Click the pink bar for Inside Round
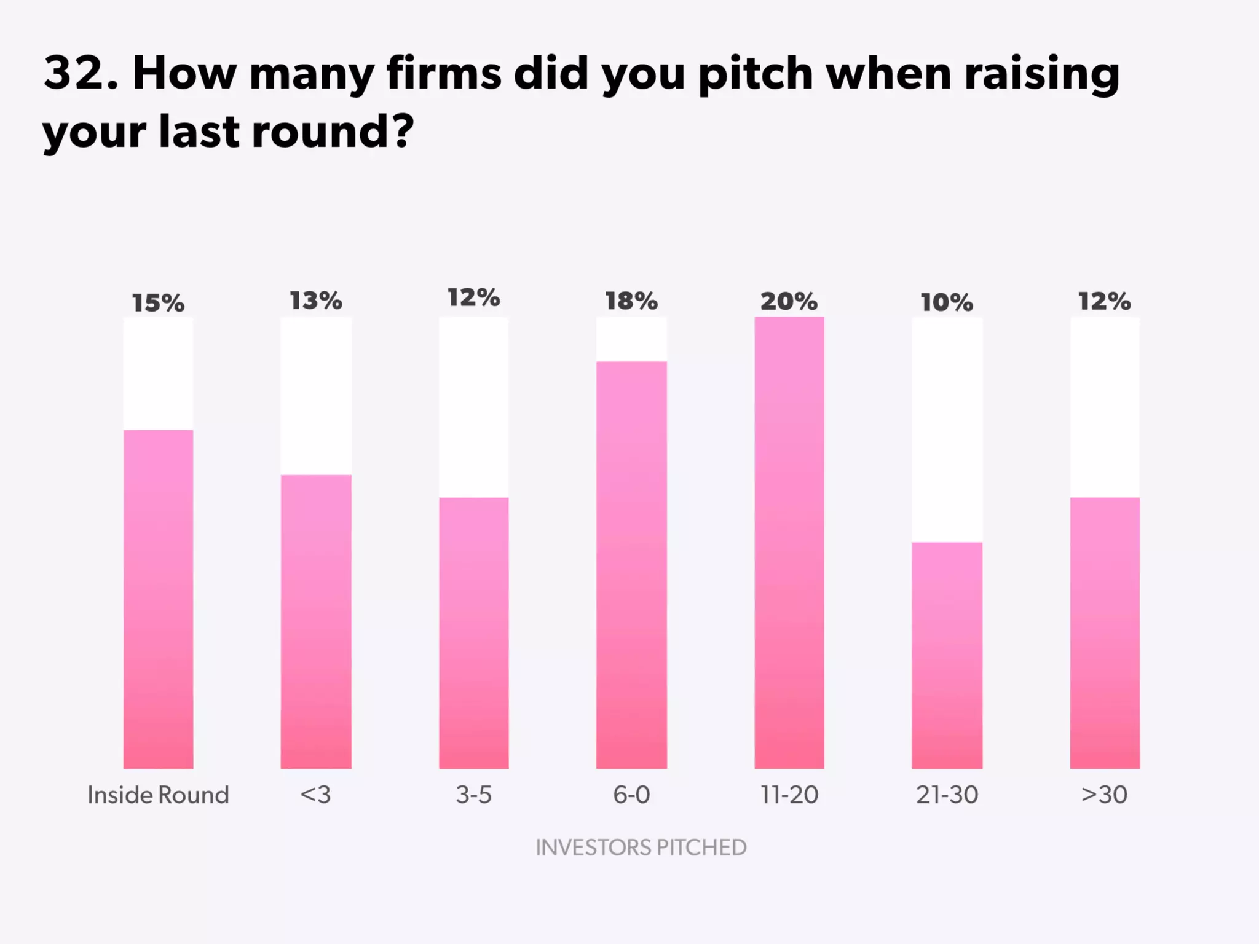pos(158,599)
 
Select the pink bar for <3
pos(316,621)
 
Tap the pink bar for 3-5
pos(473,633)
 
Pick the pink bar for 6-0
pos(631,565)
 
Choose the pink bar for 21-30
pos(947,655)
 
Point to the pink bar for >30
pos(1105,633)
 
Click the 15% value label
pos(158,303)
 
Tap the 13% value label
pos(316,301)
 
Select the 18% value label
pos(631,301)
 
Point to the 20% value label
pos(789,302)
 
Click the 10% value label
pos(947,302)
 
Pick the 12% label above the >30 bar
pos(1105,301)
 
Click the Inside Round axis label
pos(158,795)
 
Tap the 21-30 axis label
pos(947,795)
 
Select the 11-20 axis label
pos(789,795)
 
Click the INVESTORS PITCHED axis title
pos(641,848)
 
